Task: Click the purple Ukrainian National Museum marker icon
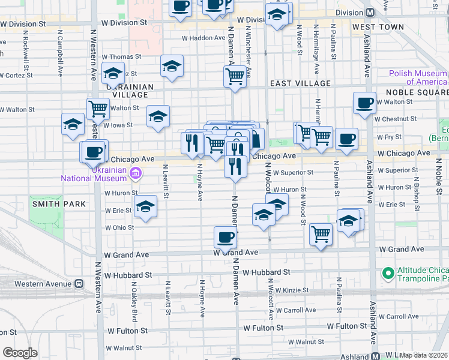pos(136,175)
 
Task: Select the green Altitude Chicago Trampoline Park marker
pos(388,273)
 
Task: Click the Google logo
pos(20,353)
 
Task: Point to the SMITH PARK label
pos(59,204)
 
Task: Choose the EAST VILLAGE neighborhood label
pos(300,83)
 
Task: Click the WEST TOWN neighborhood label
pos(378,28)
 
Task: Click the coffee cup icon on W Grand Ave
pos(226,238)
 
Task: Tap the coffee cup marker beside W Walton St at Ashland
pos(364,103)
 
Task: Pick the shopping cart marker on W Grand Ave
pos(321,234)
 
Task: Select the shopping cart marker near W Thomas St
pos(235,76)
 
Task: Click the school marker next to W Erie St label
pos(145,207)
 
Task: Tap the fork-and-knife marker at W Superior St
pos(235,166)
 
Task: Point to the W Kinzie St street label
pos(290,290)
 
